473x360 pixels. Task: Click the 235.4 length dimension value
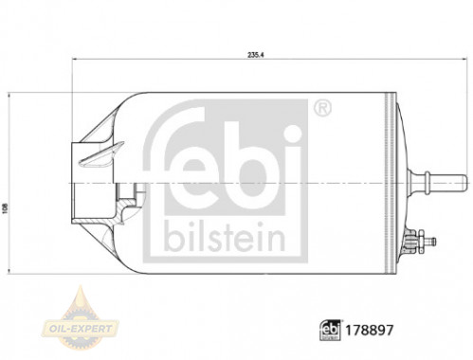256,55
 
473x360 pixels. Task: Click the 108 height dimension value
5,208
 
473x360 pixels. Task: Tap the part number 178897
370,331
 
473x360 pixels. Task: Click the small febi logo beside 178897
331,330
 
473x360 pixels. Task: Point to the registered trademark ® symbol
322,108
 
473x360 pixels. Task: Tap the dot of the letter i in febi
292,134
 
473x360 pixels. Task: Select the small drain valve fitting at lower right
421,242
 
